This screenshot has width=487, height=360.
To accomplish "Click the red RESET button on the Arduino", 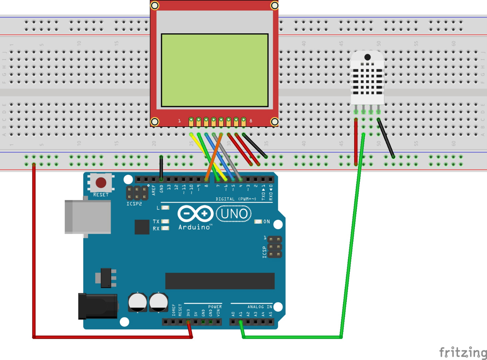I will (x=101, y=182).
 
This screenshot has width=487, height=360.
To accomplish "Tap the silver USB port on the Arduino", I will (x=88, y=217).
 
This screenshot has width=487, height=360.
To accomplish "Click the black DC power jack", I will (x=98, y=306).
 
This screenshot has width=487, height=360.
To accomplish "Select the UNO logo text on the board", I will (x=234, y=214).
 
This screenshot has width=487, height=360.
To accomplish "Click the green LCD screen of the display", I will (x=215, y=70).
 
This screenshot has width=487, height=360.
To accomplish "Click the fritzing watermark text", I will (x=463, y=352).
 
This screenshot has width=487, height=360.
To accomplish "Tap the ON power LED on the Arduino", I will (x=258, y=222).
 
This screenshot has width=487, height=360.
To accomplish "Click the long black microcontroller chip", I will (x=220, y=281).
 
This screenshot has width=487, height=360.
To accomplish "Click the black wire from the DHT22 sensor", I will (x=386, y=138).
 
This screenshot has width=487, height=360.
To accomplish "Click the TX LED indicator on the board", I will (x=165, y=221).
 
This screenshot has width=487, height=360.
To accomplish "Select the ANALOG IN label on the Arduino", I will (x=259, y=307).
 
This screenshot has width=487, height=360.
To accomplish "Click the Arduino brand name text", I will (x=195, y=227).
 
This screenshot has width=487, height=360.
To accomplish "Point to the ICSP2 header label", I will (x=134, y=204).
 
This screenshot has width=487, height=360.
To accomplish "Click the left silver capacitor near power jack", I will (x=138, y=302).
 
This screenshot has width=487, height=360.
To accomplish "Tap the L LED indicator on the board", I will (x=165, y=208).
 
